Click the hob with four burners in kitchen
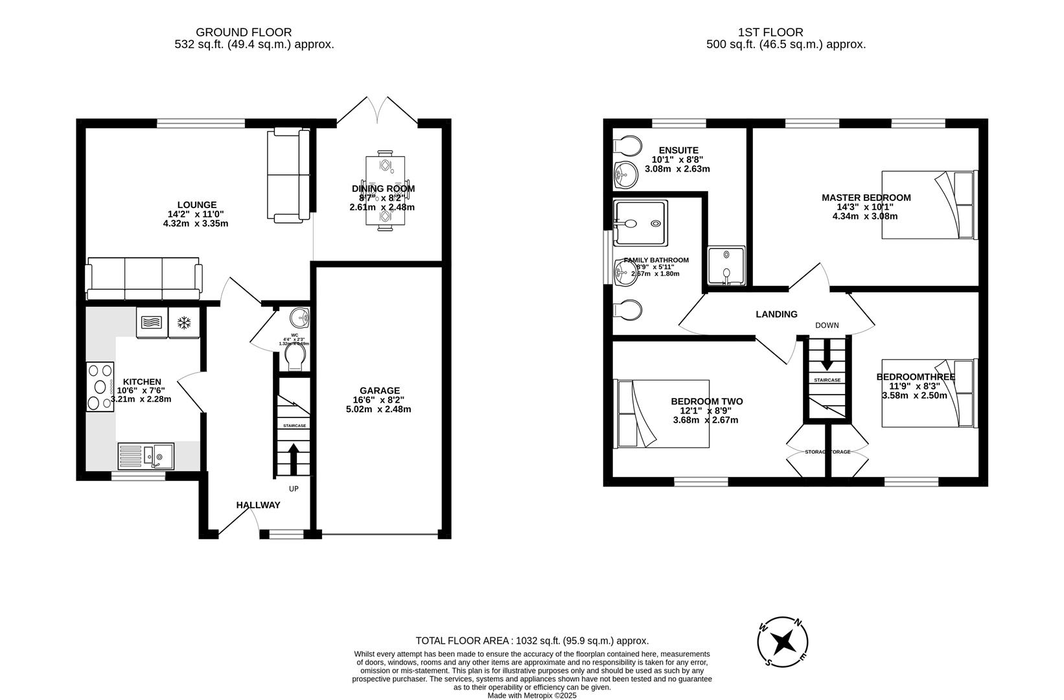pos(100,386)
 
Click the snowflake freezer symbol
pos(184,322)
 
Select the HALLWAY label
pos(258,505)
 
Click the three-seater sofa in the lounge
pos(144,278)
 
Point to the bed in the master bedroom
pos(929,205)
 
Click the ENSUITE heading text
pos(678,150)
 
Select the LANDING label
pos(776,314)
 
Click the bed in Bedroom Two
pos(662,414)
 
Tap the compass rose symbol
pos(783,642)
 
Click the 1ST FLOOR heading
pos(770,32)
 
